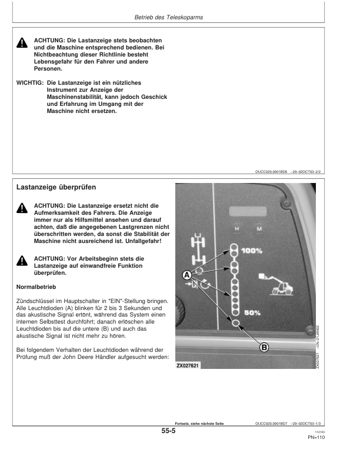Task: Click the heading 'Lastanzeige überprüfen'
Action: point(56,187)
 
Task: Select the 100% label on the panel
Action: point(252,251)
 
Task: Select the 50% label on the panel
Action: point(252,313)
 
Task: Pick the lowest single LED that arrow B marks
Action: point(235,324)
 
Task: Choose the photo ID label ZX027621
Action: point(188,365)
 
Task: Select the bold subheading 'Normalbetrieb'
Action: point(36,287)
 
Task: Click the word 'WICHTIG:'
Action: point(29,83)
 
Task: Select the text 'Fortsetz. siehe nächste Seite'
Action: point(200,423)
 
